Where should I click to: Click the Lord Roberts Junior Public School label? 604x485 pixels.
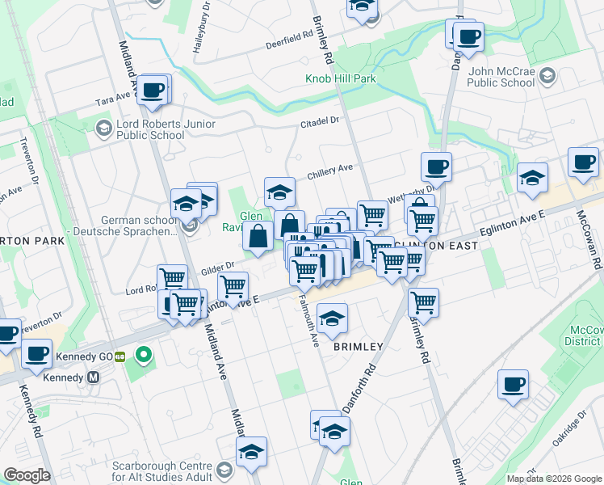click(x=156, y=129)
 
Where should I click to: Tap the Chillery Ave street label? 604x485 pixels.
click(x=329, y=170)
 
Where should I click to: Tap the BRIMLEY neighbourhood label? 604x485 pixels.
click(x=359, y=347)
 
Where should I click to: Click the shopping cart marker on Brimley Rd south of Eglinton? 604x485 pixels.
click(x=423, y=303)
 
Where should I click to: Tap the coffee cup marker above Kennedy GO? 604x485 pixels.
click(x=36, y=352)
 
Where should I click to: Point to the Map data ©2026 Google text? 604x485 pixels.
click(x=554, y=479)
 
